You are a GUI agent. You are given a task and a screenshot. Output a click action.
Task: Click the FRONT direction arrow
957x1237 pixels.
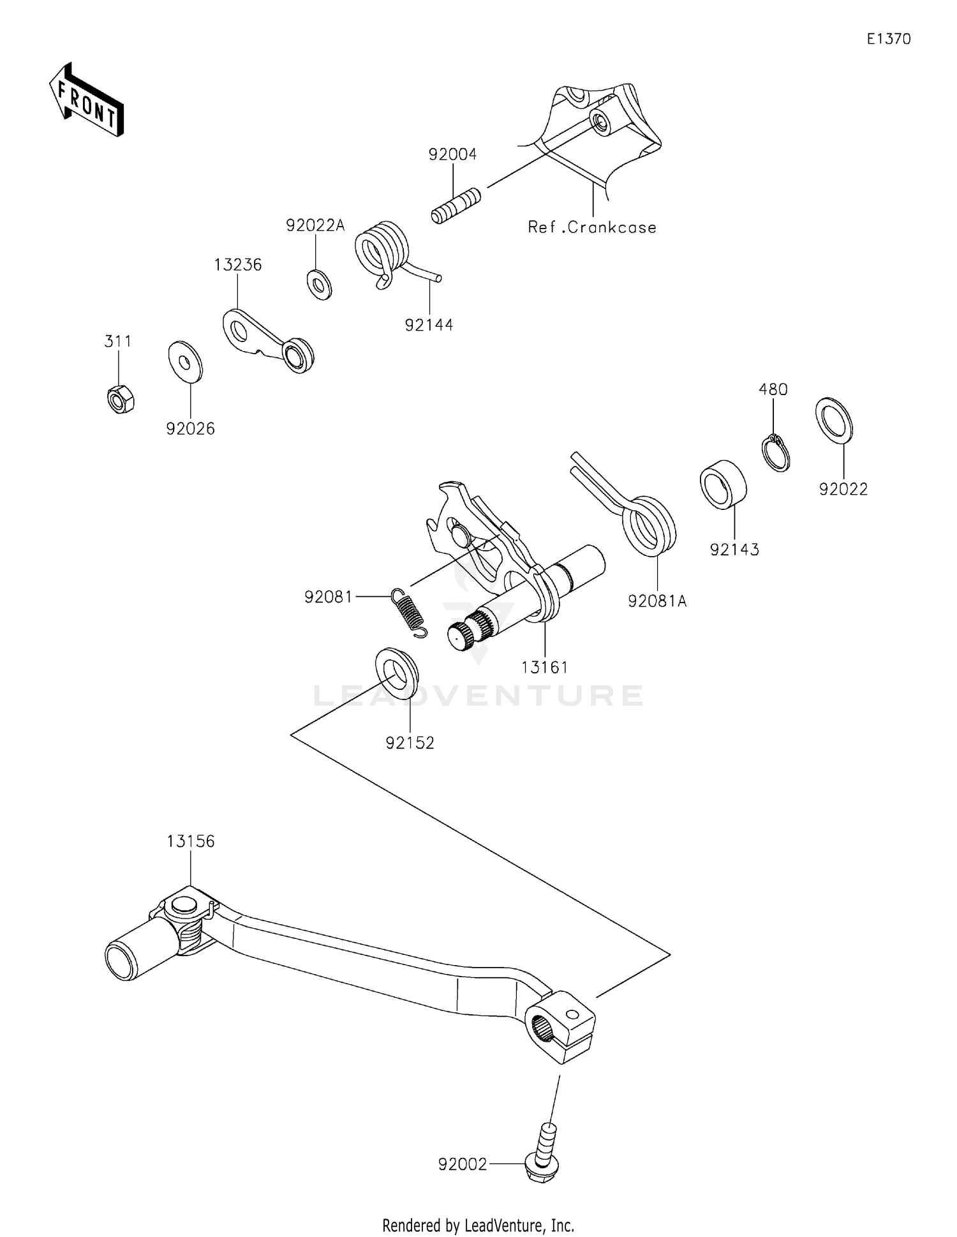[x=86, y=101]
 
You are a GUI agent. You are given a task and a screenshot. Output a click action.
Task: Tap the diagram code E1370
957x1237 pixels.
[x=889, y=39]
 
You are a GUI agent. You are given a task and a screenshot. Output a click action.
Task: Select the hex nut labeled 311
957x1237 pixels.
[x=120, y=400]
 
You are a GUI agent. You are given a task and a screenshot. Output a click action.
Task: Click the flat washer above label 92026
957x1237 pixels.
[x=185, y=362]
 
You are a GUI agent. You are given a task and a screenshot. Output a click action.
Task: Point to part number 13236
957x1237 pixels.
[x=237, y=265]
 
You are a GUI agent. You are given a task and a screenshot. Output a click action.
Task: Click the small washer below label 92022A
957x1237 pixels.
[x=318, y=284]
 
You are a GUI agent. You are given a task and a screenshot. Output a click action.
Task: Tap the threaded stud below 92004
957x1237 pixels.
[x=456, y=204]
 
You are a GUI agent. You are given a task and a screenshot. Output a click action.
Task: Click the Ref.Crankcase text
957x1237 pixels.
[x=591, y=227]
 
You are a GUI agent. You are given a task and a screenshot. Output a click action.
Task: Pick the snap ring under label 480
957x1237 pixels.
[x=776, y=454]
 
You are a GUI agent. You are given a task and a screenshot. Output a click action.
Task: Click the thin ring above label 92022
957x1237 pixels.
[x=834, y=419]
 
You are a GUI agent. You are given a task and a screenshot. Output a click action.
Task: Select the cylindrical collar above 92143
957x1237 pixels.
[x=723, y=484]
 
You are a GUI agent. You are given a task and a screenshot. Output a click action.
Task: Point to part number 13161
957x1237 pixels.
[x=544, y=668]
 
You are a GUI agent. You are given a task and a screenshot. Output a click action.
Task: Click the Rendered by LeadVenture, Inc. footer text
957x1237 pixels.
[x=478, y=1225]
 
